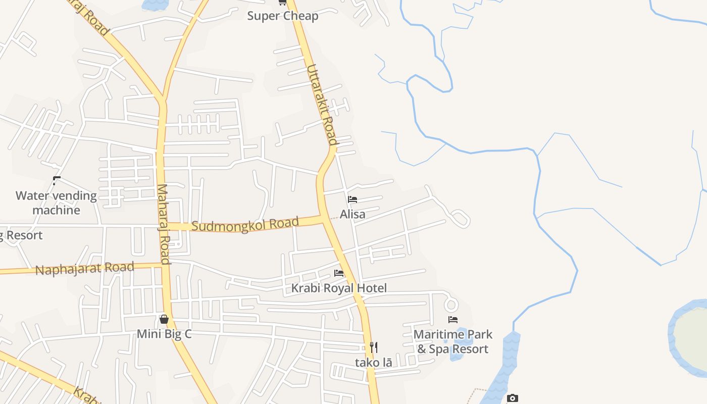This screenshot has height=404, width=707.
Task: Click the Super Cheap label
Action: [282, 16]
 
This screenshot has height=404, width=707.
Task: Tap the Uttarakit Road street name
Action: [322, 105]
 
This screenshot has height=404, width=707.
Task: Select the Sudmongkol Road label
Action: [245, 224]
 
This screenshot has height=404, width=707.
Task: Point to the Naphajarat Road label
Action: [85, 268]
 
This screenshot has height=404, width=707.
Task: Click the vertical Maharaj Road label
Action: [163, 224]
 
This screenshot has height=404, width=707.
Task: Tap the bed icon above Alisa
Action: [352, 199]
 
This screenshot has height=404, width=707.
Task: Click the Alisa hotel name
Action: [352, 214]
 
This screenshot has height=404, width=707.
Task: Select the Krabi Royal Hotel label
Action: [339, 288]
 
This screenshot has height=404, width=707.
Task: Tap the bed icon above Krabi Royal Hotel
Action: [339, 273]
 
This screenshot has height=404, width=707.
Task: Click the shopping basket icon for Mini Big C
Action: [164, 319]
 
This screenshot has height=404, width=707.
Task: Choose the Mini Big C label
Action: [164, 334]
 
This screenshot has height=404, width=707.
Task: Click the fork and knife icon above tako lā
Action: [373, 347]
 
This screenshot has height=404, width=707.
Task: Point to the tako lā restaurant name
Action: [373, 362]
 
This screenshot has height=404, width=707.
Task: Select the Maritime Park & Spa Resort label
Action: [453, 341]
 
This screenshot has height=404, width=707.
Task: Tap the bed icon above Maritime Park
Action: [453, 320]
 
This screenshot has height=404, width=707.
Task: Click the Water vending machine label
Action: [56, 203]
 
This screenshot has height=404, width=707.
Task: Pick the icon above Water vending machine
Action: [56, 180]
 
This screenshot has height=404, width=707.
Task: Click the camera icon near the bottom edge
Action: [513, 398]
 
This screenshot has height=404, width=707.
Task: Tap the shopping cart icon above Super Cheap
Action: [282, 2]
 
